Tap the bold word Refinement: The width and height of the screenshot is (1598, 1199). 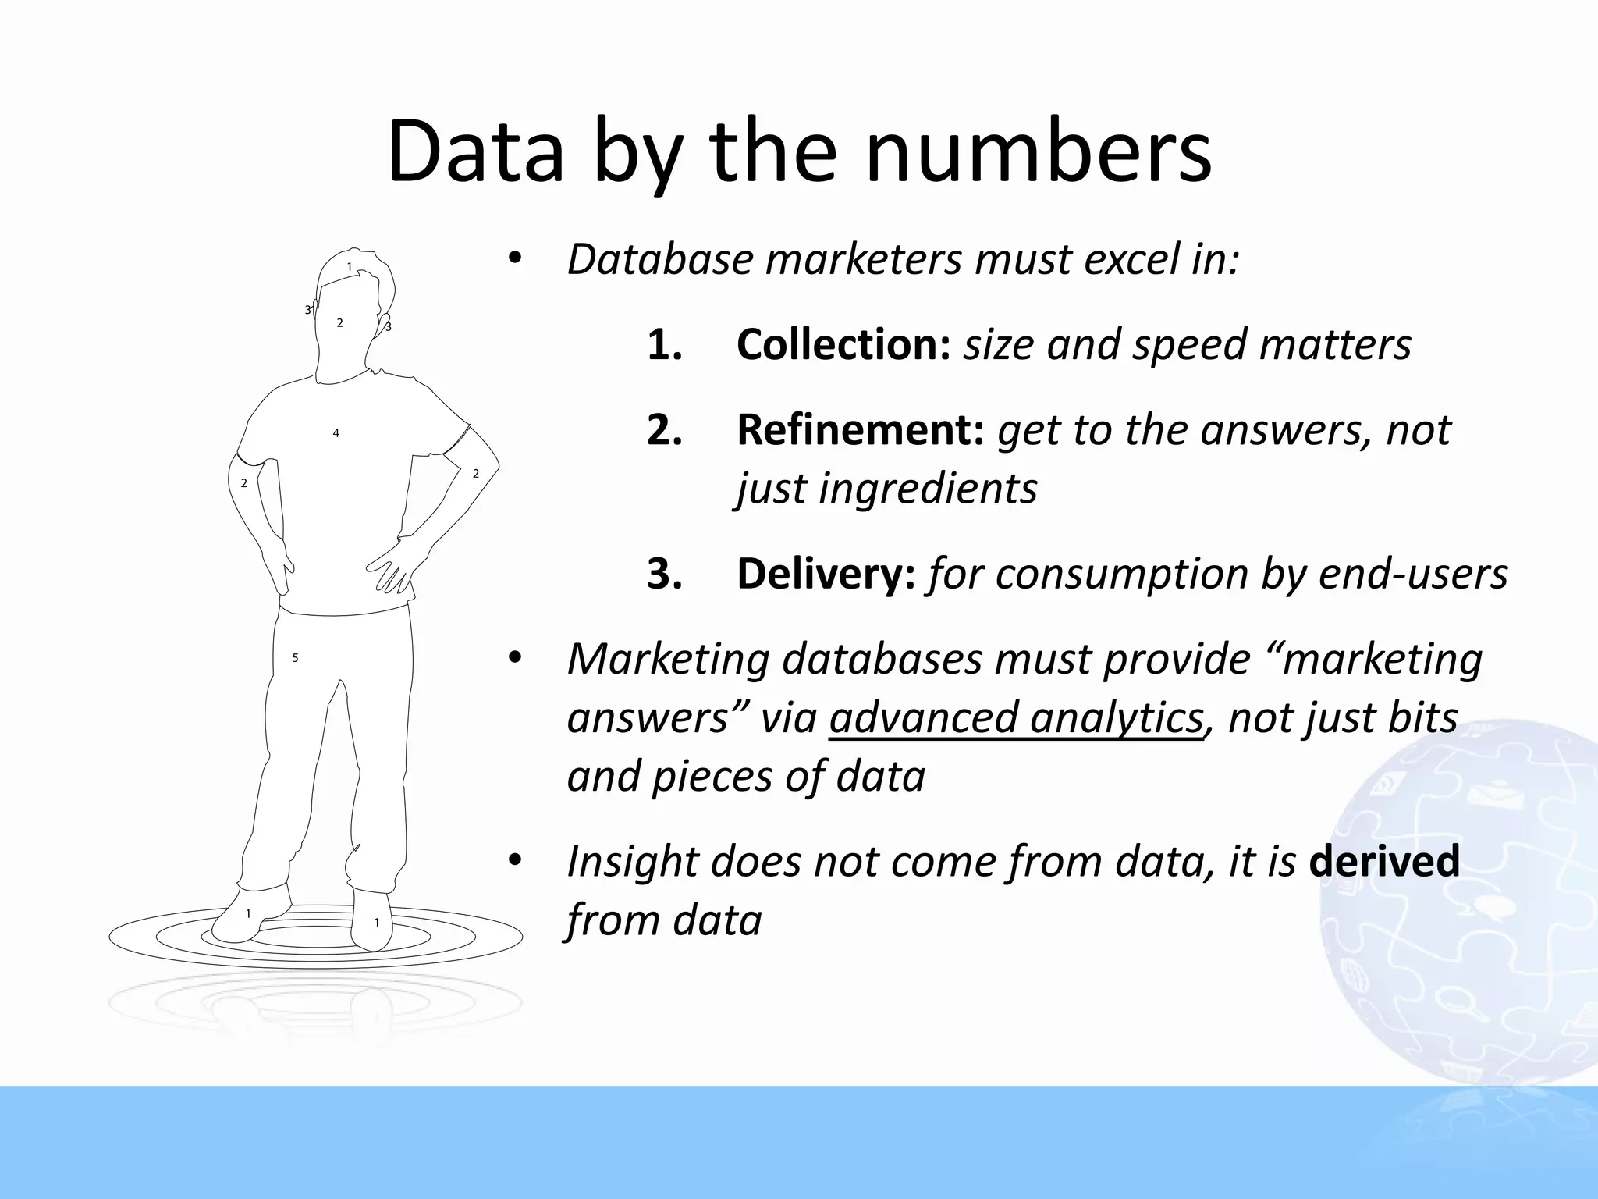click(860, 429)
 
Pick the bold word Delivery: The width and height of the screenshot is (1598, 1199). click(826, 574)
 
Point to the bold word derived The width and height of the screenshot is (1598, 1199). click(1383, 861)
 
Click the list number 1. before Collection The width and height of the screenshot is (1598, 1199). click(665, 345)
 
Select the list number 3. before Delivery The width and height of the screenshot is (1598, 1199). click(665, 575)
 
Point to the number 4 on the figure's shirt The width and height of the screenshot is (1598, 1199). click(336, 433)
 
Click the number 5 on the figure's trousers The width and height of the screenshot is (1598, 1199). click(295, 658)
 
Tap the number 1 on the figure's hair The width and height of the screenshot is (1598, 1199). click(350, 267)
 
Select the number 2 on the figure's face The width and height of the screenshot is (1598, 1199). click(339, 323)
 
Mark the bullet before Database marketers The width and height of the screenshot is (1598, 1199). click(513, 258)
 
